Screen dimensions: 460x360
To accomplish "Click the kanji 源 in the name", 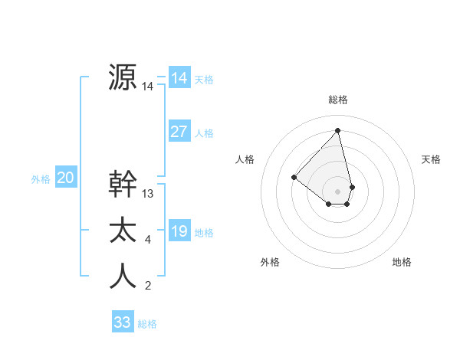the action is pos(123,77).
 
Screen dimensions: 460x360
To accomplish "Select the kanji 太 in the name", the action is pos(123,231).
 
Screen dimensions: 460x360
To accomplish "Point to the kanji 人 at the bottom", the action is pos(123,277).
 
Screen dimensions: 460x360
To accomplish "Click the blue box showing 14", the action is pos(179,78).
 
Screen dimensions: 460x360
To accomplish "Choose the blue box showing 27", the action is pos(179,132).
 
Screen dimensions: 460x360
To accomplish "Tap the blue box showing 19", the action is pos(179,231).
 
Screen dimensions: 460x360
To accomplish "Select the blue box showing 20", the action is pos(65,178).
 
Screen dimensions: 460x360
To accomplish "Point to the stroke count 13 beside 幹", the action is pos(148,194).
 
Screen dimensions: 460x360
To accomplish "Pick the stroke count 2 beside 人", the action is pos(148,286).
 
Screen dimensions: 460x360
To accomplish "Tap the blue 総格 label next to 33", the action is pos(147,324).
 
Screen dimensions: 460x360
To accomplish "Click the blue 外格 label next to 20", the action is pos(41,179).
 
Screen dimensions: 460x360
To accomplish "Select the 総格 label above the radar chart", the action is pos(338,100).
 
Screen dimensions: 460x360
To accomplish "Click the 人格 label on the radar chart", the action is pos(245,159).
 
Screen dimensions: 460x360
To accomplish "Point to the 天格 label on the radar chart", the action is pos(432,159).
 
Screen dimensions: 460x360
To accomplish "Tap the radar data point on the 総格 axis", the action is pos(338,130).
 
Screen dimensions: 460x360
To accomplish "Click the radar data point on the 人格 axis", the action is pos(294,178).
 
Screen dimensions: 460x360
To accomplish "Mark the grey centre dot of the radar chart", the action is pos(338,191).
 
